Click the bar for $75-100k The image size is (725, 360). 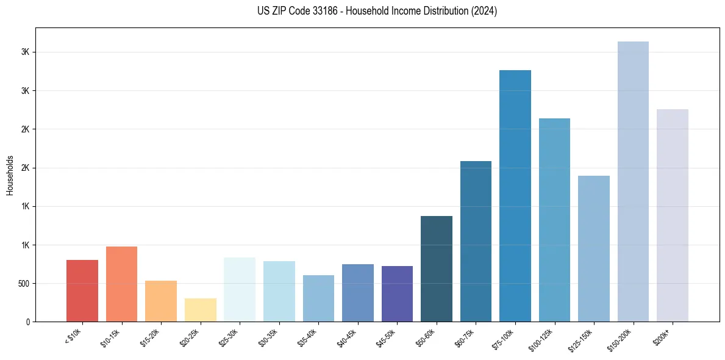pyautogui.click(x=515, y=195)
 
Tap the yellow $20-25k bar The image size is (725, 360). pyautogui.click(x=200, y=310)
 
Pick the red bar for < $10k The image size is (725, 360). pyautogui.click(x=82, y=290)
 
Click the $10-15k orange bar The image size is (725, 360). pyautogui.click(x=121, y=284)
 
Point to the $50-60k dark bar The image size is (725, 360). pyautogui.click(x=436, y=268)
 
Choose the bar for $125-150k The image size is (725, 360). pyautogui.click(x=593, y=248)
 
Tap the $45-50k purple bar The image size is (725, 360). pyautogui.click(x=397, y=293)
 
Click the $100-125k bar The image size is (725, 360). pyautogui.click(x=554, y=220)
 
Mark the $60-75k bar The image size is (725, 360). pyautogui.click(x=476, y=241)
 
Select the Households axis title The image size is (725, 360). pyautogui.click(x=10, y=175)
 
